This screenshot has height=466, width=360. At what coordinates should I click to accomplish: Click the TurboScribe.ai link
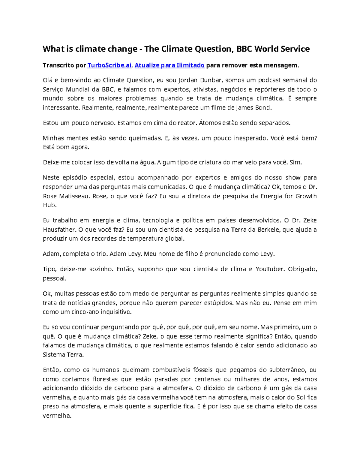click(x=109, y=65)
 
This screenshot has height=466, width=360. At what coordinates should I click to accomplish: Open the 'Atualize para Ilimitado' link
click(x=169, y=65)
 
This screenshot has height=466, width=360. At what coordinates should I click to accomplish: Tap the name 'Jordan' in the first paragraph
click(x=188, y=80)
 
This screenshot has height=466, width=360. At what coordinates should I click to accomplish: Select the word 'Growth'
click(x=306, y=196)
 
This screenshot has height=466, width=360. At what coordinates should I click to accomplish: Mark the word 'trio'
click(x=101, y=254)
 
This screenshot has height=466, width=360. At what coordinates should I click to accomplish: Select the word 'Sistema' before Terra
click(x=54, y=355)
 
